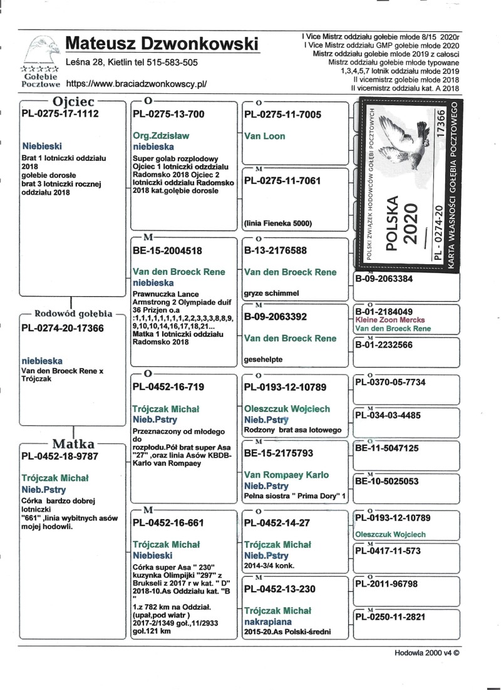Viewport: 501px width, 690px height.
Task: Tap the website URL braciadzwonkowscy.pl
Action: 136,83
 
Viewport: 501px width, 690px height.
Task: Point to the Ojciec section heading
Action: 74,101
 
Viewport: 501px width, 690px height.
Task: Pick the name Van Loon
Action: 264,136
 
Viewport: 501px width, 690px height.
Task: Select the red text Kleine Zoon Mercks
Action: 386,319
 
